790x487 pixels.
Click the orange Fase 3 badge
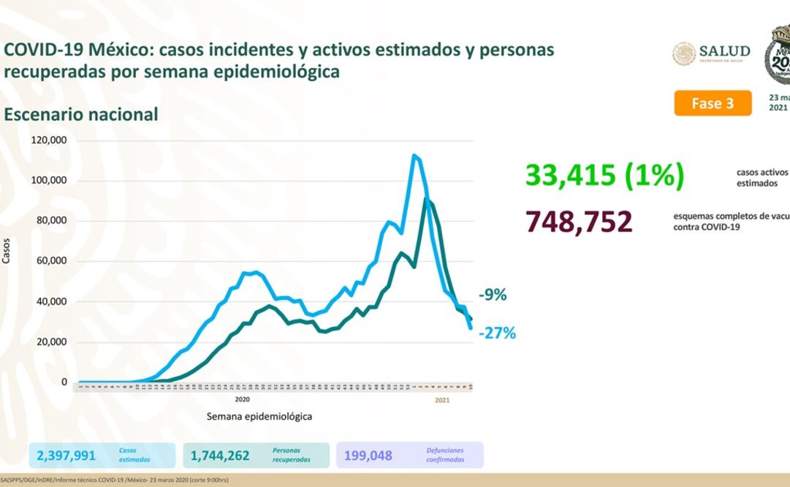[712, 103]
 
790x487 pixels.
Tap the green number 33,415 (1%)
[605, 175]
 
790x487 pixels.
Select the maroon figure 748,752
[580, 221]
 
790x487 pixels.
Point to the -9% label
[493, 295]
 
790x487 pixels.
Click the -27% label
[498, 333]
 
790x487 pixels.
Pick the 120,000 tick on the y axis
[50, 140]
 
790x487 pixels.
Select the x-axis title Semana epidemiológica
[259, 416]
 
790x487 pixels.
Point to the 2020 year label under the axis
[243, 399]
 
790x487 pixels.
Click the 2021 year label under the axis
[442, 399]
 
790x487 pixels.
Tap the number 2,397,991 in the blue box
[67, 456]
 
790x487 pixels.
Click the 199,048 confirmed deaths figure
[368, 456]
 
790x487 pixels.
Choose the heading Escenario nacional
[81, 115]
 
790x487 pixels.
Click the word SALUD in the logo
[724, 50]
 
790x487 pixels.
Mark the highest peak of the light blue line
[414, 155]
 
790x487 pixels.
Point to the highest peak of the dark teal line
[427, 199]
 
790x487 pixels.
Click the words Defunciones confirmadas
[445, 456]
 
